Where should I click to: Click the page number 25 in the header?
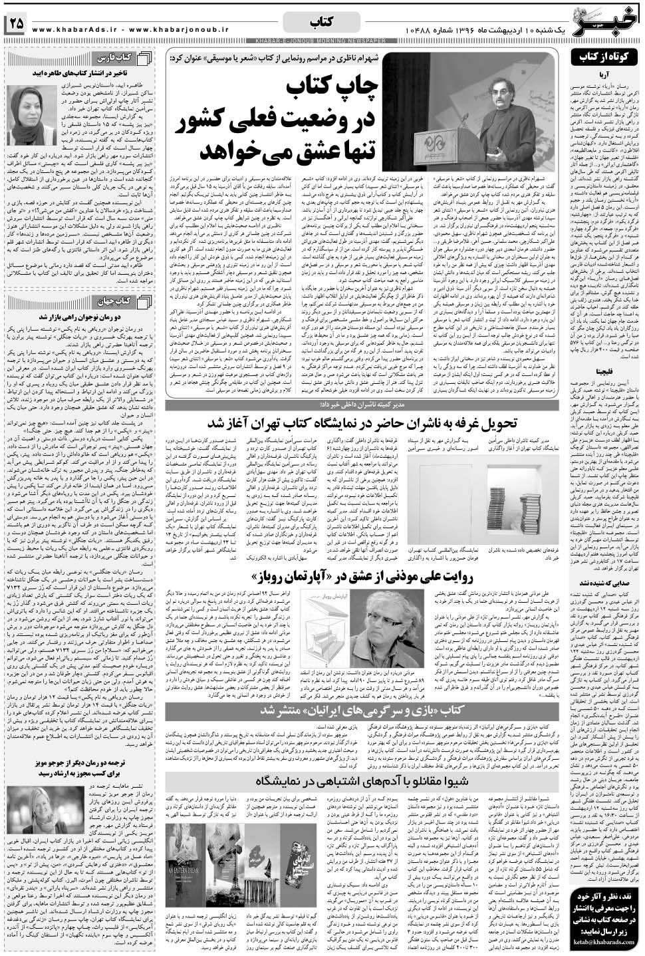pos(16,24)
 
